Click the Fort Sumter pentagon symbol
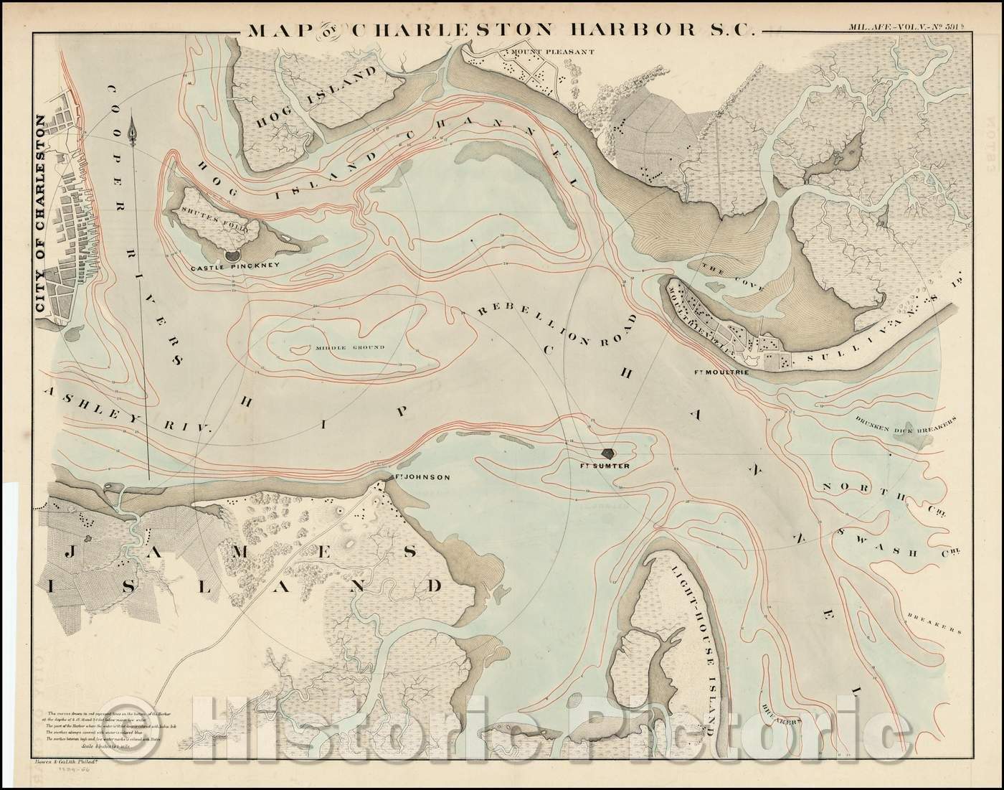(609, 453)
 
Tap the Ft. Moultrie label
(718, 373)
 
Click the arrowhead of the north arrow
(132, 131)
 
